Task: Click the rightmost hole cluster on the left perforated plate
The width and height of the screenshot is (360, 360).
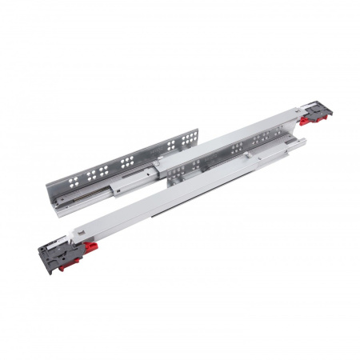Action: (186, 141)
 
